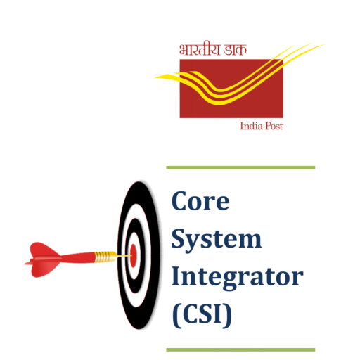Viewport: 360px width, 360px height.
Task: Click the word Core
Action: tap(200, 201)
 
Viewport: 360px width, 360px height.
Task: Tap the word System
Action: tap(217, 240)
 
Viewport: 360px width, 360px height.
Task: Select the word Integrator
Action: tap(238, 278)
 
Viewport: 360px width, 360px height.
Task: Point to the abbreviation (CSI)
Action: tap(202, 315)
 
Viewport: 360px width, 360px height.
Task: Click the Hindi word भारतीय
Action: tap(200, 49)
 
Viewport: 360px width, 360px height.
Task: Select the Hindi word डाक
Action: tap(235, 50)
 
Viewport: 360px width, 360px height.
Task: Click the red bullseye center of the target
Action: tap(133, 255)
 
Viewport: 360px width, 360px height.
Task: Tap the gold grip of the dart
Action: tap(103, 257)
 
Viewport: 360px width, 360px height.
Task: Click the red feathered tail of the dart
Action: tap(43, 259)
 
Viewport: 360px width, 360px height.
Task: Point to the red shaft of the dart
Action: tap(77, 257)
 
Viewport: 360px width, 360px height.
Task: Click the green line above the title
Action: tap(240, 167)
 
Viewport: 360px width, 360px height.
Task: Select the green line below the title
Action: tap(240, 349)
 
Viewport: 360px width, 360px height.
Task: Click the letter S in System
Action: tap(179, 238)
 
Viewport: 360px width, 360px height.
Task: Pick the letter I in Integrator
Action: tap(176, 276)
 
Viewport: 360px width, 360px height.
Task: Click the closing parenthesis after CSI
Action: tap(228, 315)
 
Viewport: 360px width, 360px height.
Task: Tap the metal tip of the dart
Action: tap(124, 256)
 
